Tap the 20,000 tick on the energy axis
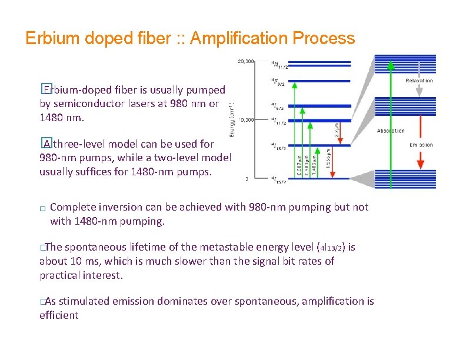tap(246, 61)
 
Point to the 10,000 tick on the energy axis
tap(246, 119)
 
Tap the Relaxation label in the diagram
tap(420, 81)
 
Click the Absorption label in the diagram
tap(391, 131)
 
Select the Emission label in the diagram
tap(421, 145)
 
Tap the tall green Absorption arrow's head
tap(390, 65)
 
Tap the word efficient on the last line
tap(59, 315)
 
